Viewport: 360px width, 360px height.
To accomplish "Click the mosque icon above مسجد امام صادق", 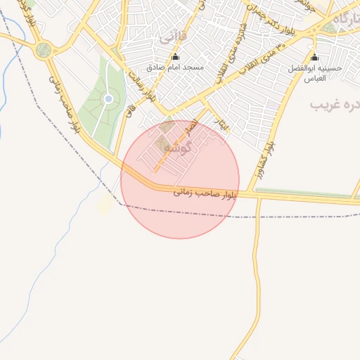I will pos(175,57).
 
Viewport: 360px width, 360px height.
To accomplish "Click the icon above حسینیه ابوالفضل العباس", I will pos(314,57).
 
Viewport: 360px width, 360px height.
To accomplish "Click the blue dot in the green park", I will pos(108,99).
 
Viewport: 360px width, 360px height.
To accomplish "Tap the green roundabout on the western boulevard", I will pos(44,50).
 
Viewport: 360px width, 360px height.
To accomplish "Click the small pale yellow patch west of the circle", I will pos(105,205).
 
